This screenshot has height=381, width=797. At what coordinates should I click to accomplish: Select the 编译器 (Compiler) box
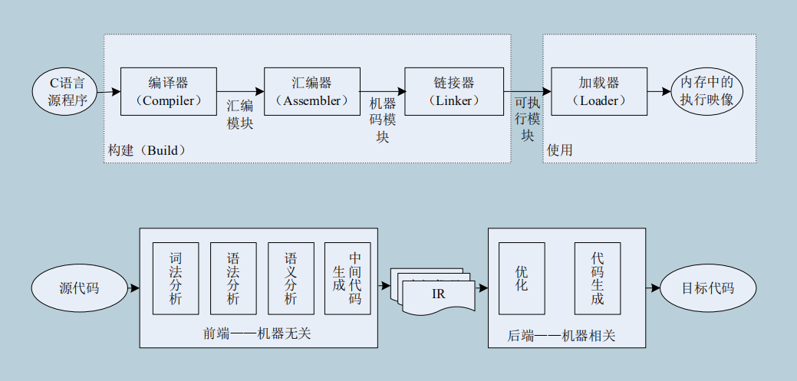[168, 91]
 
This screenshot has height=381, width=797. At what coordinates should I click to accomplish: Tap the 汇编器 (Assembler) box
[311, 91]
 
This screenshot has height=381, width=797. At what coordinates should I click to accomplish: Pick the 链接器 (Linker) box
[453, 91]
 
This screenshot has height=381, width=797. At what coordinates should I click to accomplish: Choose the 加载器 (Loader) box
[598, 91]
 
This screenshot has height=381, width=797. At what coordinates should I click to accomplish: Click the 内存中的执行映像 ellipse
[707, 91]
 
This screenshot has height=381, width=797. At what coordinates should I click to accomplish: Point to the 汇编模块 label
[240, 116]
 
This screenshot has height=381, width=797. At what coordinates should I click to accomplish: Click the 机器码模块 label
[383, 120]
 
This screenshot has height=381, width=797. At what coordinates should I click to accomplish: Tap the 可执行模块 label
[528, 117]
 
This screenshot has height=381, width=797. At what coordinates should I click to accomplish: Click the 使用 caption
[560, 150]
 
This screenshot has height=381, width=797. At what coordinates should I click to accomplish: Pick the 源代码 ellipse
[79, 288]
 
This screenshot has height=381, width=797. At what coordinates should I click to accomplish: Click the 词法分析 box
[176, 278]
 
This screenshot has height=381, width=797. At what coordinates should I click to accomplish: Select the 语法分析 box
[233, 278]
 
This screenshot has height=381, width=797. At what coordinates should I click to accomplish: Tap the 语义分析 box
[291, 278]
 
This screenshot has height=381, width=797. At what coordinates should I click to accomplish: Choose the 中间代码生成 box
[347, 278]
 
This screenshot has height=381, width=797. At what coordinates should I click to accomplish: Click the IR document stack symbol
[433, 294]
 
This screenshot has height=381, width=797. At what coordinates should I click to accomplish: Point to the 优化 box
[522, 278]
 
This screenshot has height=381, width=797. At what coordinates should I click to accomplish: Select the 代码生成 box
[598, 278]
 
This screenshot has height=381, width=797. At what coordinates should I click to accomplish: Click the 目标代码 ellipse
[707, 288]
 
